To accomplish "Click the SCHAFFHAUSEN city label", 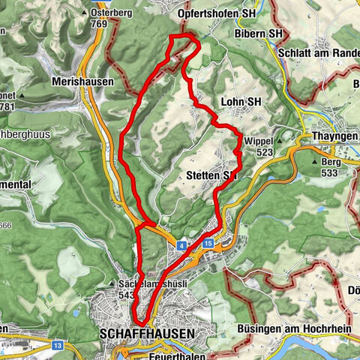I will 146,332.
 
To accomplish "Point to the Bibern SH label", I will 277,34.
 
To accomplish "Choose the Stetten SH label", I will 211,175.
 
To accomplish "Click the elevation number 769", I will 98,24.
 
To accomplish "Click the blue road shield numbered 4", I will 181,244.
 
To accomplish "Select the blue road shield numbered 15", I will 207,244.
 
